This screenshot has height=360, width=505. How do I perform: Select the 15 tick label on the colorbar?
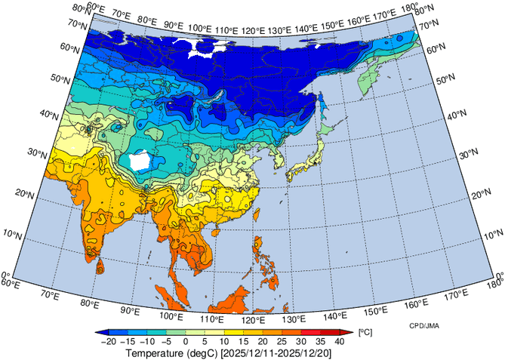243,341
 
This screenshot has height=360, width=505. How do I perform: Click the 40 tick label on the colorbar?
339,341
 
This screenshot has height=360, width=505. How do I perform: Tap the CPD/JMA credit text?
425,325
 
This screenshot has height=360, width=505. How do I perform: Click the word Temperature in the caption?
154,352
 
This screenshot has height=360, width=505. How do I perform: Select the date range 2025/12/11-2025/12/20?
284,352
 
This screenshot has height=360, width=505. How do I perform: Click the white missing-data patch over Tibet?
138,161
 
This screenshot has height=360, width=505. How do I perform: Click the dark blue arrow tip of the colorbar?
100,332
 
